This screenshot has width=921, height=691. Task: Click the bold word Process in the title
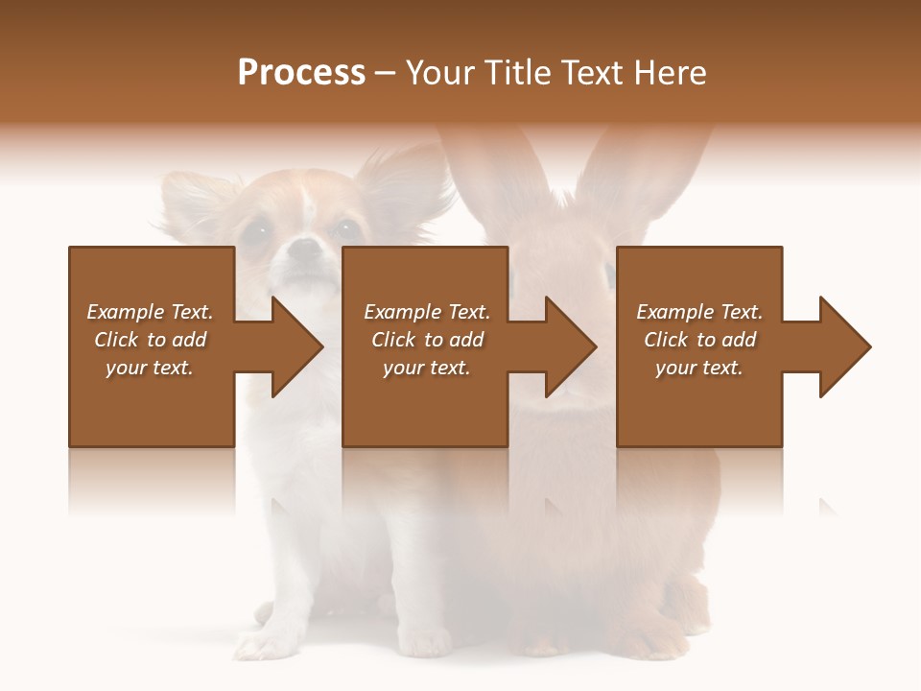click(301, 73)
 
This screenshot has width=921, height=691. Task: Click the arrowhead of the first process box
click(297, 346)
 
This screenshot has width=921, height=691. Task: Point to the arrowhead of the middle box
click(571, 346)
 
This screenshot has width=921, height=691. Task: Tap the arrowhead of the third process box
click(845, 346)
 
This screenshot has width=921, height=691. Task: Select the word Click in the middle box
click(391, 340)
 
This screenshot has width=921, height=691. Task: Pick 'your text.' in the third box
click(698, 368)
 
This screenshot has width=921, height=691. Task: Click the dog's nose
click(305, 249)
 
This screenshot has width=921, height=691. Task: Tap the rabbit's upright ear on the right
click(643, 173)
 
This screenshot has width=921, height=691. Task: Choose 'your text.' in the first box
click(149, 368)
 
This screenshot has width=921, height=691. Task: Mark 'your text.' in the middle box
click(426, 368)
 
